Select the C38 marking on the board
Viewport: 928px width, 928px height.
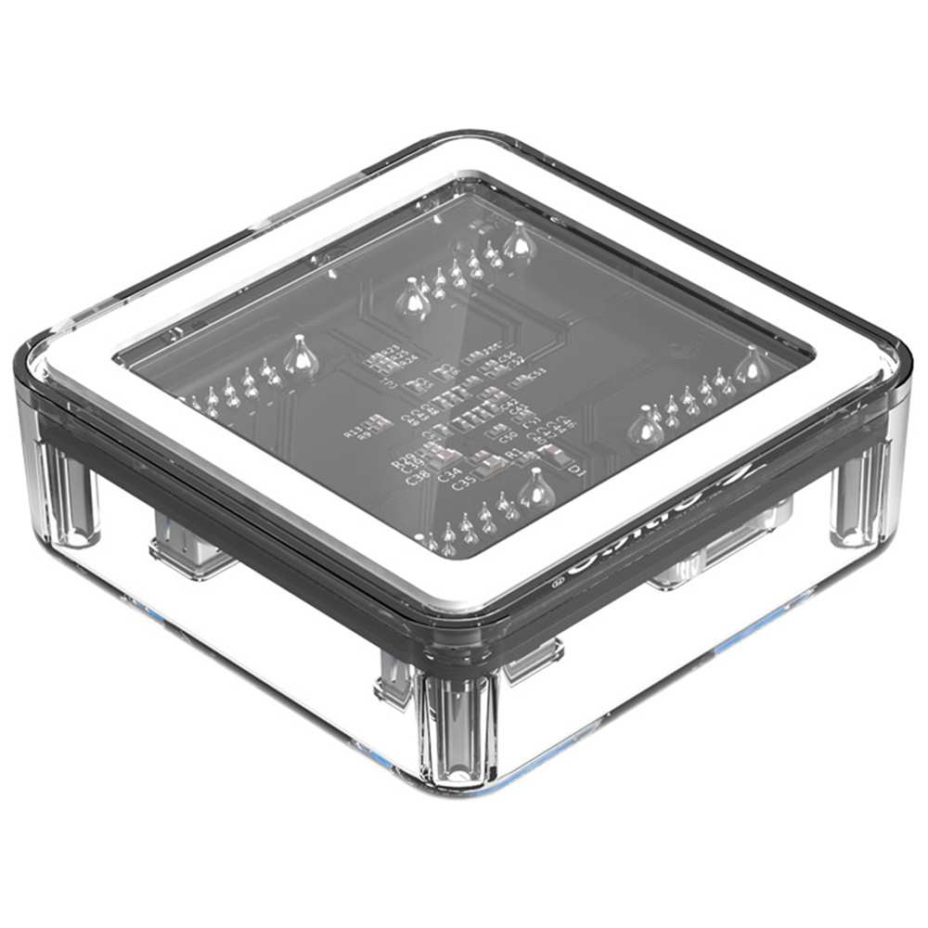(418, 477)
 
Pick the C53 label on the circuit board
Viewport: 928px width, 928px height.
(535, 373)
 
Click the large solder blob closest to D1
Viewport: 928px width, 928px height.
(535, 490)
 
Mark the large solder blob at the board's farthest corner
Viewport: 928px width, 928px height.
(519, 243)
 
